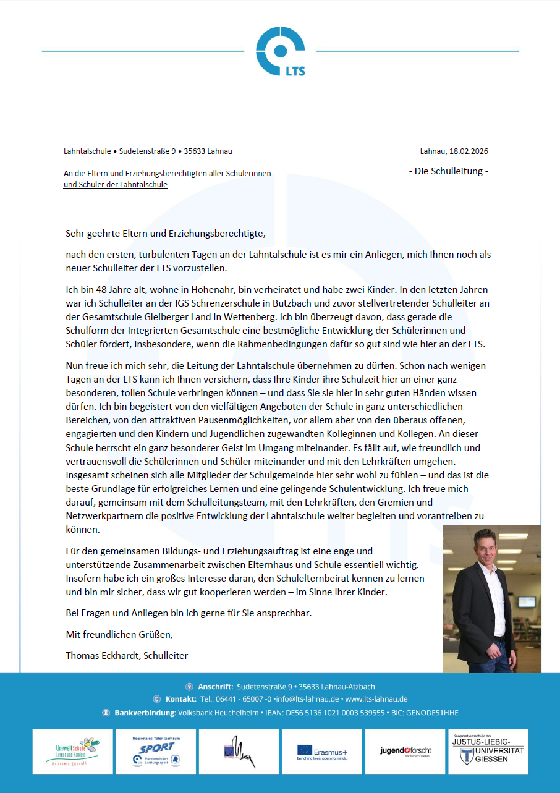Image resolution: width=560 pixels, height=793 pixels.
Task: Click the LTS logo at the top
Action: (281, 51)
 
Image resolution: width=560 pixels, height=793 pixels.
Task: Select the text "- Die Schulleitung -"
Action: (448, 171)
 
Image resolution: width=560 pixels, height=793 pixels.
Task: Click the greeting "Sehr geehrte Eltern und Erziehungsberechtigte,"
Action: (165, 234)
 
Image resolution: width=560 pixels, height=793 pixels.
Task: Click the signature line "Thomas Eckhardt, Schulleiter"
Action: (127, 655)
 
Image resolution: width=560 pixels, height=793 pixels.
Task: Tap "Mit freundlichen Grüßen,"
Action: (119, 634)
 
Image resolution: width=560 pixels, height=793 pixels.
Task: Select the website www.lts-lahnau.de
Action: (376, 699)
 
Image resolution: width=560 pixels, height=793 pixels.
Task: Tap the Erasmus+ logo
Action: (322, 752)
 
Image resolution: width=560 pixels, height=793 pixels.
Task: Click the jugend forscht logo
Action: (405, 752)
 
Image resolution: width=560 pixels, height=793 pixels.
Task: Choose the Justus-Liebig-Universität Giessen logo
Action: (488, 752)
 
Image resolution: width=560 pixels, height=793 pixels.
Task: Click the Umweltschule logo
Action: (73, 752)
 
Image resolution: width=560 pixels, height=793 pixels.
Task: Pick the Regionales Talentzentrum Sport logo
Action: (156, 752)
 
